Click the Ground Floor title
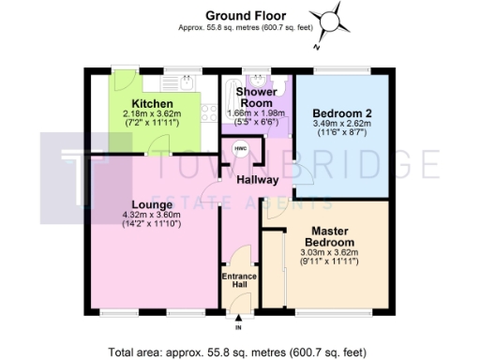click(239, 14)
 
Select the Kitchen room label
click(150, 103)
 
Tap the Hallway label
click(257, 179)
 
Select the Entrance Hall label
click(237, 281)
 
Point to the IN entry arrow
click(238, 322)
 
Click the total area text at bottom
click(239, 352)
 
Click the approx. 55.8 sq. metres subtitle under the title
click(239, 27)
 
